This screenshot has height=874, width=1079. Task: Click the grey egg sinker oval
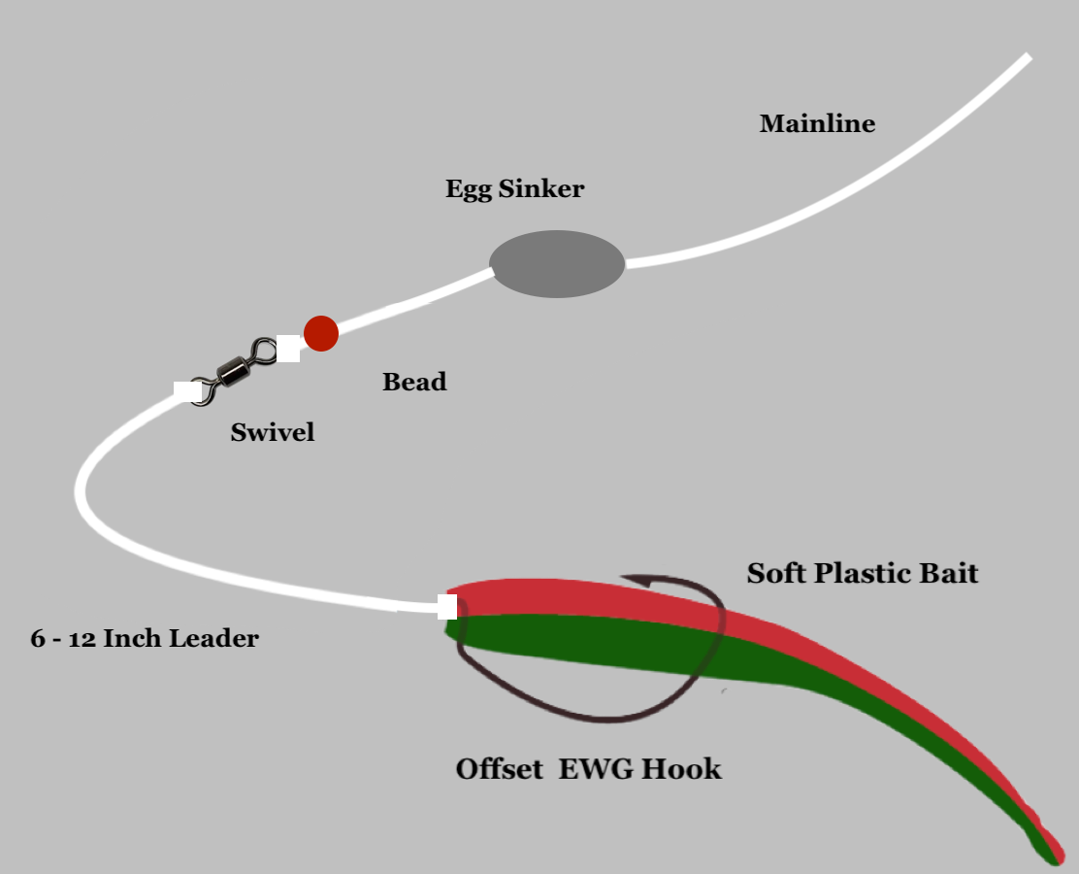click(x=557, y=263)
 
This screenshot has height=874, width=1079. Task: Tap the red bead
click(x=321, y=333)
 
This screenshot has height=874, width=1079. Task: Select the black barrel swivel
click(x=233, y=369)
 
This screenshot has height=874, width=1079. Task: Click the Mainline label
click(x=817, y=124)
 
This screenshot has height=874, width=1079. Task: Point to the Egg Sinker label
click(x=514, y=188)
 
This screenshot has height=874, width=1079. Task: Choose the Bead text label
click(x=414, y=382)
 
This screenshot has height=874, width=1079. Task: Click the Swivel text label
click(x=273, y=432)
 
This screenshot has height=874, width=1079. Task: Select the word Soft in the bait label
click(x=776, y=573)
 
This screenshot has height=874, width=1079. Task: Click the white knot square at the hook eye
click(x=447, y=607)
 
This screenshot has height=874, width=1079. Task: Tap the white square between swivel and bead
click(x=288, y=349)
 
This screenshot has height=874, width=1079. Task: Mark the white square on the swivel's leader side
click(x=186, y=390)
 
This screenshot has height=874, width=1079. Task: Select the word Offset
click(x=499, y=770)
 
